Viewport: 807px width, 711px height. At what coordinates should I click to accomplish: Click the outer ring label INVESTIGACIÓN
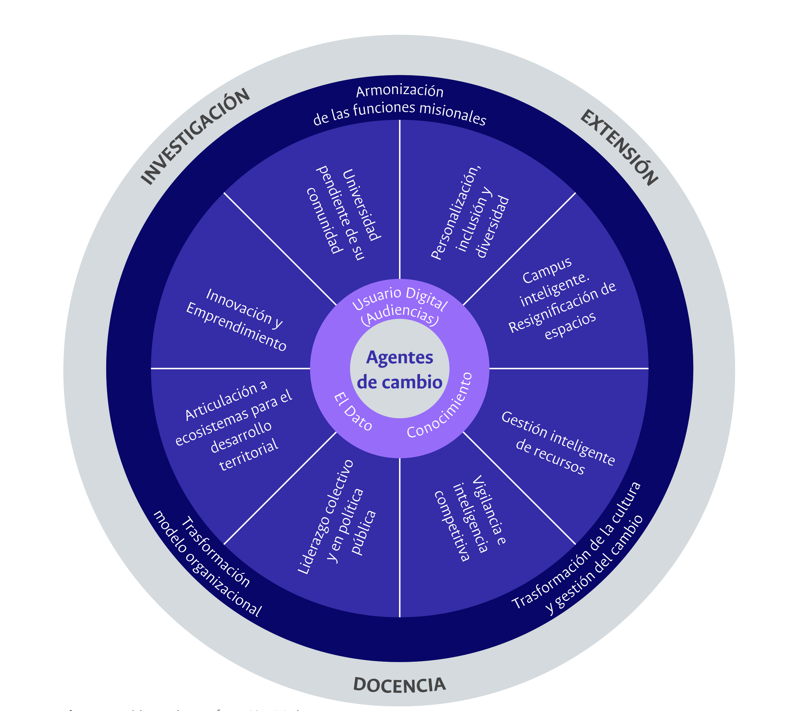[x=195, y=136]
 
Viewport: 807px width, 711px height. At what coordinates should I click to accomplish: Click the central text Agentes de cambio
[x=400, y=370]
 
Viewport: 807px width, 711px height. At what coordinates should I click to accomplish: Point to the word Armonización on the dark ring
[x=400, y=91]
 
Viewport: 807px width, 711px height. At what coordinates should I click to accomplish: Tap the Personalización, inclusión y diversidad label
[x=470, y=213]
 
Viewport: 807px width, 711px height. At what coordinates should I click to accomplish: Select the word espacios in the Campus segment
[x=570, y=325]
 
